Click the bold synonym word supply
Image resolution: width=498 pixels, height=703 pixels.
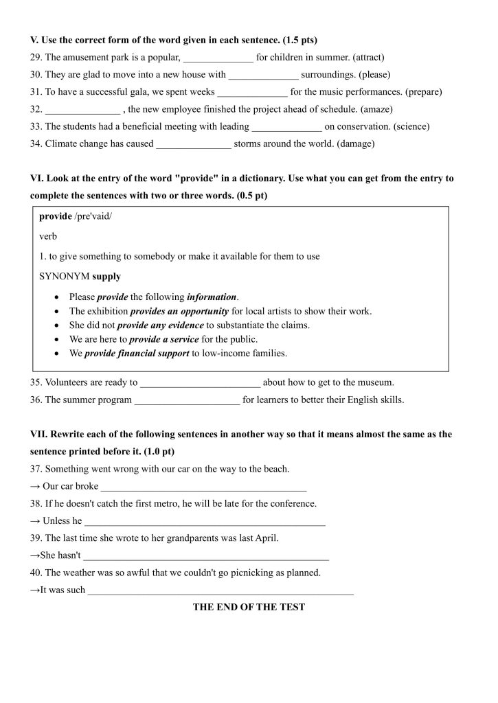tap(106, 276)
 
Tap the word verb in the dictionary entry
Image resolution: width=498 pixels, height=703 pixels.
tap(49, 236)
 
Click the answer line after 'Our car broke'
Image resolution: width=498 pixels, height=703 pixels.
tap(203, 487)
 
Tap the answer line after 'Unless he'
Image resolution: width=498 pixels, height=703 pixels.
tap(204, 522)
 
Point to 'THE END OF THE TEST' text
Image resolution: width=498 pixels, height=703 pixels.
tap(249, 607)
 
